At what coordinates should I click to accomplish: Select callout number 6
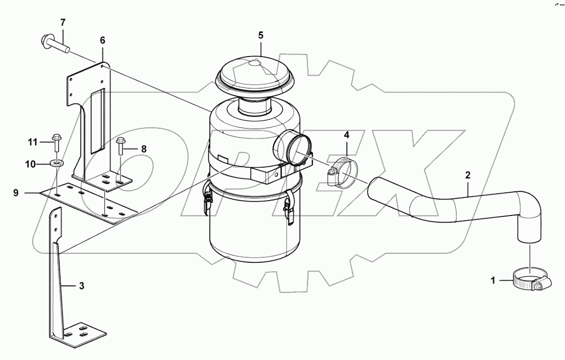point(102,40)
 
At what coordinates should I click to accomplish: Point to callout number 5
point(260,35)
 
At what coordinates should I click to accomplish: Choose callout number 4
point(346,135)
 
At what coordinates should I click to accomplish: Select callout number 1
point(492,281)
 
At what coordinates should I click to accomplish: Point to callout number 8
point(144,149)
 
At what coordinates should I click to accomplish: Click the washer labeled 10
point(56,164)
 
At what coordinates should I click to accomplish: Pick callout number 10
point(30,164)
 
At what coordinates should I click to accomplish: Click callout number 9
point(30,193)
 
